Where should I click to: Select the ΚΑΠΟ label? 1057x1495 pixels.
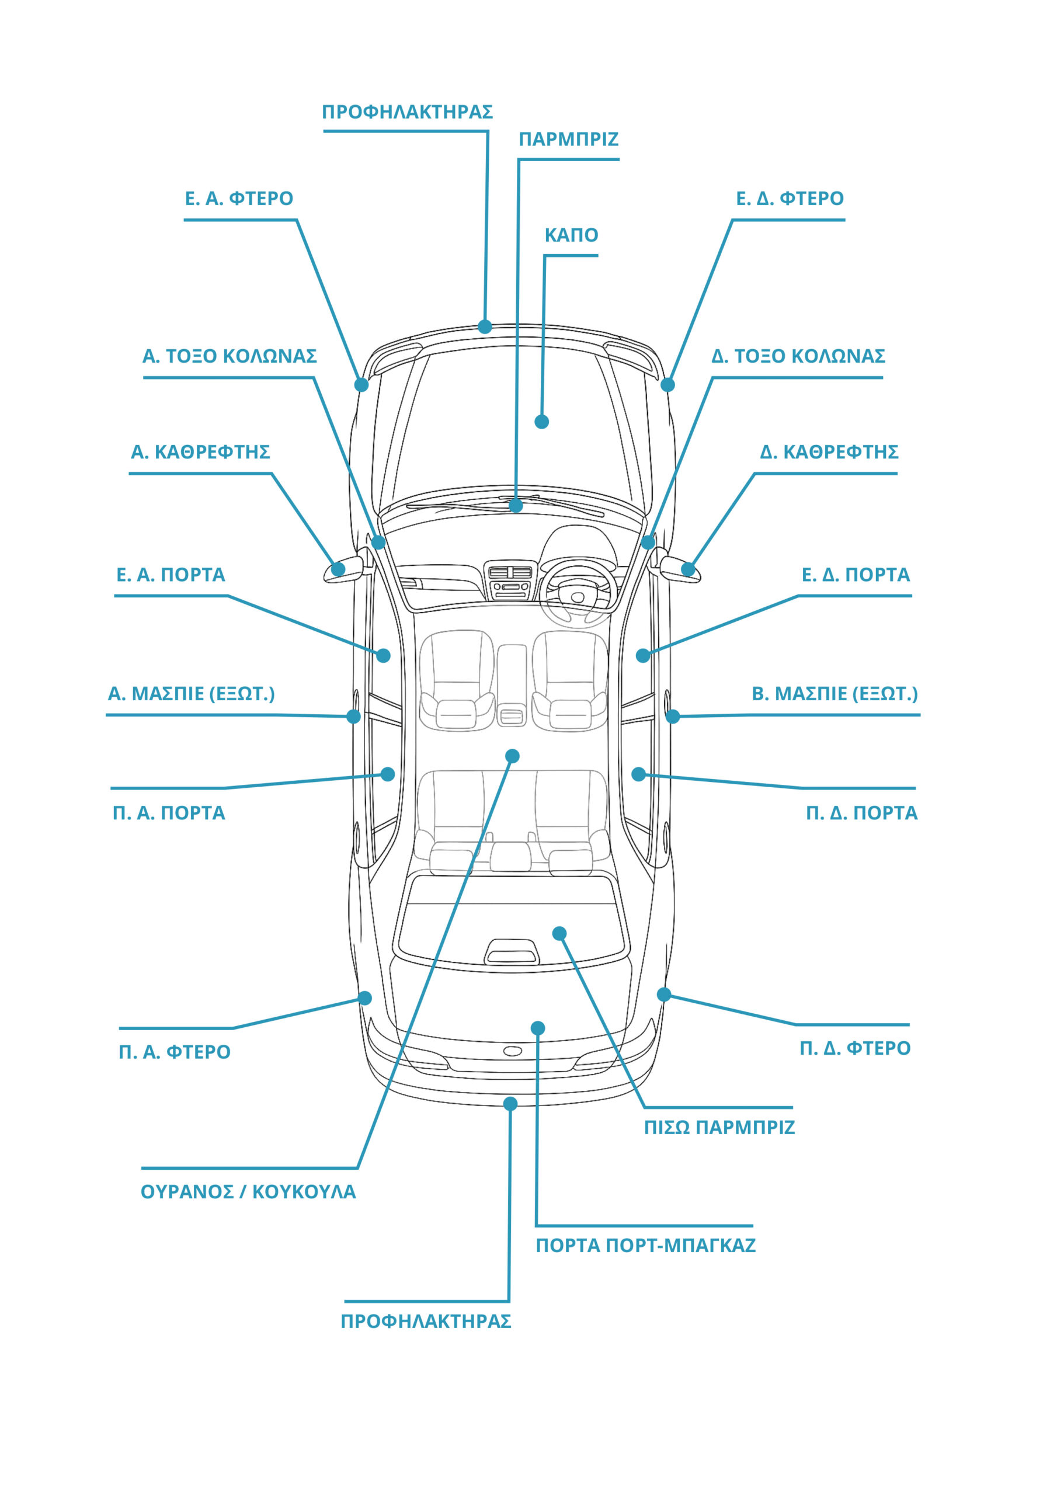(571, 235)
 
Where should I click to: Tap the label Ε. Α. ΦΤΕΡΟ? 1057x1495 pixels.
(239, 199)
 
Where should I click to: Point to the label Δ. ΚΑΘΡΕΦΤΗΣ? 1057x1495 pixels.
(829, 452)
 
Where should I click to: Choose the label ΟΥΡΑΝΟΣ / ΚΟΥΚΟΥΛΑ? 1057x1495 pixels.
(248, 1192)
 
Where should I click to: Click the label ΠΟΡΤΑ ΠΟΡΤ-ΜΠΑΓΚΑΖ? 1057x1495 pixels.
(645, 1246)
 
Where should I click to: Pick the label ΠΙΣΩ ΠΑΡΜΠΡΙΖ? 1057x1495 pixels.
(719, 1127)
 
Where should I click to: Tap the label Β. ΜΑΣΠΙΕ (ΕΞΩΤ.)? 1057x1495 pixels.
(835, 694)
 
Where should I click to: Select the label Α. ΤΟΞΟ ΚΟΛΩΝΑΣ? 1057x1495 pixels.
(230, 356)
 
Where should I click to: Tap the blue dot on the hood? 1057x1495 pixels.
(541, 422)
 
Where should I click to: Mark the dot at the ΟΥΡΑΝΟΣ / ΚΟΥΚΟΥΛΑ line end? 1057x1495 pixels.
(512, 756)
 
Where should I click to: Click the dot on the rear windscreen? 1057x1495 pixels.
(559, 934)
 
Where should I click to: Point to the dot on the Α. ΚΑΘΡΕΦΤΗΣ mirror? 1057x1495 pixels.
(338, 569)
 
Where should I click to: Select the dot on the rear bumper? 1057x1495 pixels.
(510, 1104)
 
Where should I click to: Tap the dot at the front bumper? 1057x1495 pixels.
(485, 326)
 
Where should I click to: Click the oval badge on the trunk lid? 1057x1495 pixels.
(513, 1051)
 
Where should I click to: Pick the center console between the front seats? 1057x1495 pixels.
(512, 685)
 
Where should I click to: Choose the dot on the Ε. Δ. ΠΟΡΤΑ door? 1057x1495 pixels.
(643, 656)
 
